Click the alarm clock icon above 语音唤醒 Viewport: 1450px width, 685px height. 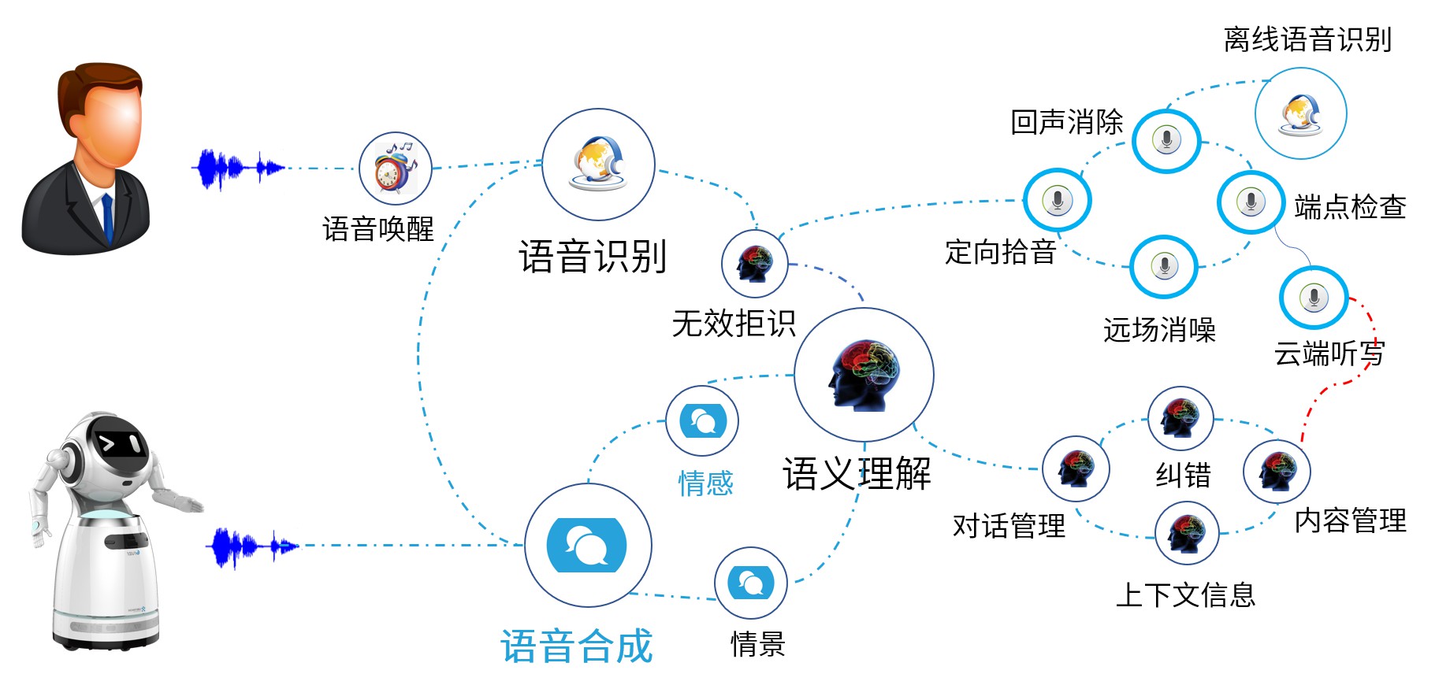point(395,168)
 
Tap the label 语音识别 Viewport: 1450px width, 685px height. point(593,257)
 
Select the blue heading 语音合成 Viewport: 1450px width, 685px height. point(577,646)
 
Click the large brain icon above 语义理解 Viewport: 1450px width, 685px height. point(864,375)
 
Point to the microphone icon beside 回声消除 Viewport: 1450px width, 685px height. point(1166,141)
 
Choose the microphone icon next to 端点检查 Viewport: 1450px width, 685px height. point(1250,202)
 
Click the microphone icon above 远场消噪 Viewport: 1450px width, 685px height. point(1164,266)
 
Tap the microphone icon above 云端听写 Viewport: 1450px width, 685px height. point(1313,298)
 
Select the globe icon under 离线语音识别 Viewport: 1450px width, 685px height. point(1300,114)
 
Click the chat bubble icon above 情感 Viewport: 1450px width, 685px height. point(702,421)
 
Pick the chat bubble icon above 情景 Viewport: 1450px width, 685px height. point(750,583)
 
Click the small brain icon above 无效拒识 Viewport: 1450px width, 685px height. point(754,263)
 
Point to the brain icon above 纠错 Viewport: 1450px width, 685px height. point(1180,418)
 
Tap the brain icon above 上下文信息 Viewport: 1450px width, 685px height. point(1186,533)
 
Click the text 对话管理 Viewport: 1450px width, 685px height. point(1009,525)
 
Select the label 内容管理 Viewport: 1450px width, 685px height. point(1350,520)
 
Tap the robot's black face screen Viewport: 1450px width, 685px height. point(119,445)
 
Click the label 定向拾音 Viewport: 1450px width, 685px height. point(1000,252)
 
